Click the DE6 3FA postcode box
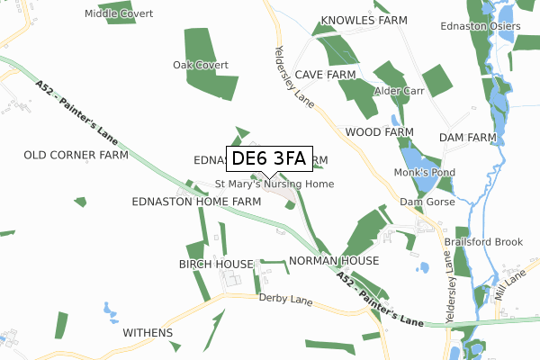pos(268,159)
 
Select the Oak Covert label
pos(201,65)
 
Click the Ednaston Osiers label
pos(481,26)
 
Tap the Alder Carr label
pos(399,91)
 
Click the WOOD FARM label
pos(379,131)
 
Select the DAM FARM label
pos(468,137)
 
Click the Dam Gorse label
pos(424,202)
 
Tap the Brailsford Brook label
pos(483,242)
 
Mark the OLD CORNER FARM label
pos(76,155)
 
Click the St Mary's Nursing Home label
pos(274,184)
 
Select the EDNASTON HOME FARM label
pos(196,201)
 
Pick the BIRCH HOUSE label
pos(216,264)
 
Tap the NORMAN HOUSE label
pos(334,260)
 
